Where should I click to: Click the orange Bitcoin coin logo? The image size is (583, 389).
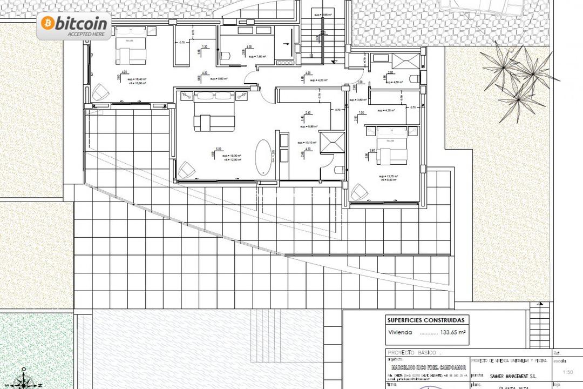pyautogui.click(x=47, y=23)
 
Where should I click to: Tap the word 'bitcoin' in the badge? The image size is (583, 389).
pyautogui.click(x=82, y=23)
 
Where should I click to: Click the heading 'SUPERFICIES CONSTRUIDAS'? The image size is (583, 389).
pyautogui.click(x=425, y=320)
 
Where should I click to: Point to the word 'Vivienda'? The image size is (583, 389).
pyautogui.click(x=400, y=333)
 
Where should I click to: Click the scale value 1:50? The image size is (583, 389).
pyautogui.click(x=567, y=372)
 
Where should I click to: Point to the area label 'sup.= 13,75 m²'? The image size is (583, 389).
pyautogui.click(x=388, y=176)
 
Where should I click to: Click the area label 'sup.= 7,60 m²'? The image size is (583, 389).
pyautogui.click(x=257, y=56)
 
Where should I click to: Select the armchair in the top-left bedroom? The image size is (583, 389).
pyautogui.click(x=100, y=92)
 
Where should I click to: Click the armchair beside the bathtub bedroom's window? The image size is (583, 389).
pyautogui.click(x=186, y=169)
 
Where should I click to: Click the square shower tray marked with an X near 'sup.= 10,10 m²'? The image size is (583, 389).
pyautogui.click(x=330, y=142)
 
